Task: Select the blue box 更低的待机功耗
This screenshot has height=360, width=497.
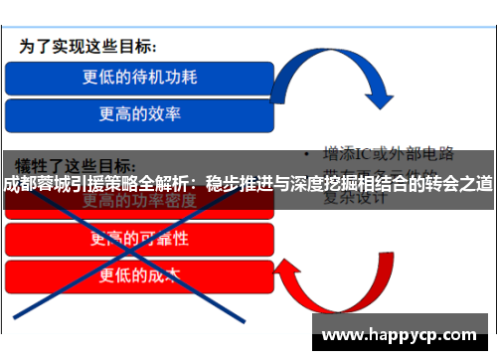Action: (x=139, y=76)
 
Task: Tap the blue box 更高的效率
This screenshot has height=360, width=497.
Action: (x=139, y=114)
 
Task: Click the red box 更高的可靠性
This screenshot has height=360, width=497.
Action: (x=139, y=239)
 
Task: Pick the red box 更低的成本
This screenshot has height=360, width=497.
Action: (x=139, y=275)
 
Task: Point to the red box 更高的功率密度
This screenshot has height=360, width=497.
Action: (x=139, y=202)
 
